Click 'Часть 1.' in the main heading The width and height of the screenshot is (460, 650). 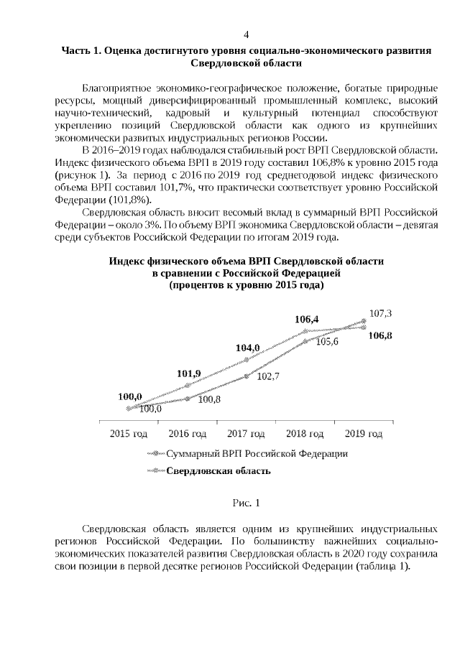point(80,51)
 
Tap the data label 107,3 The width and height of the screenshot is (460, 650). point(380,314)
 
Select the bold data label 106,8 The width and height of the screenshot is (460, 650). point(380,335)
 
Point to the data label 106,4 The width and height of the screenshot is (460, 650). point(307,319)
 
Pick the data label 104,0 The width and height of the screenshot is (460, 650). point(248,348)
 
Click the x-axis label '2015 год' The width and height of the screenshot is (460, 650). point(129,433)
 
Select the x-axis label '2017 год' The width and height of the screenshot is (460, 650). point(247,433)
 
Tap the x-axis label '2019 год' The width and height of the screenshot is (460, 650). point(364,433)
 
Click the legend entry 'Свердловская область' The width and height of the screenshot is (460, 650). point(218,471)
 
